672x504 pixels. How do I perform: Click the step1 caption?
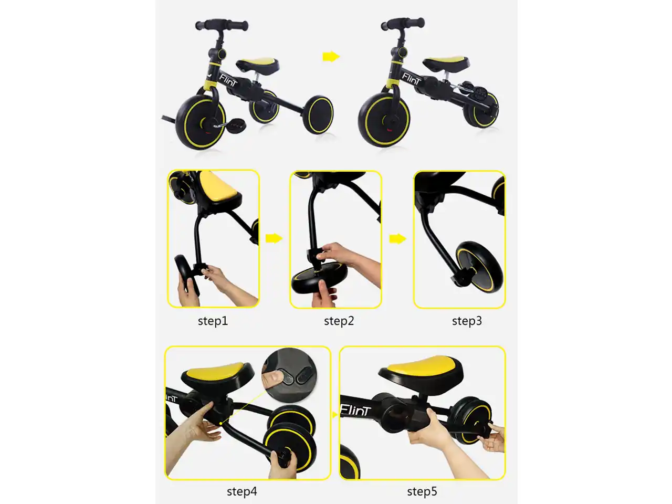(213, 321)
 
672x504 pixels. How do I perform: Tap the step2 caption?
(339, 321)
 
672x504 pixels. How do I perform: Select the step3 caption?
(467, 321)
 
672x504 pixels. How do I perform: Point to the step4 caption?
(242, 491)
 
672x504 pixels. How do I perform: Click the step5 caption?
(422, 491)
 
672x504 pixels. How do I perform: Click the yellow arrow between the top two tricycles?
(331, 57)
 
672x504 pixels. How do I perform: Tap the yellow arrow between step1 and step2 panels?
(274, 238)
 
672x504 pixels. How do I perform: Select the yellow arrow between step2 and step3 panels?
(398, 239)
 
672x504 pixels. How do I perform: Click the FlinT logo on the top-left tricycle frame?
(228, 80)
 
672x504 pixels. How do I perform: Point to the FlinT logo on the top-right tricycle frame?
(411, 79)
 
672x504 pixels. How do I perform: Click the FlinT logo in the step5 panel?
(356, 410)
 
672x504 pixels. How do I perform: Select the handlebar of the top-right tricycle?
(403, 24)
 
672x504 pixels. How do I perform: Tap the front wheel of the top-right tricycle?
(384, 120)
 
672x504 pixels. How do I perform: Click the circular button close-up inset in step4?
(289, 375)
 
